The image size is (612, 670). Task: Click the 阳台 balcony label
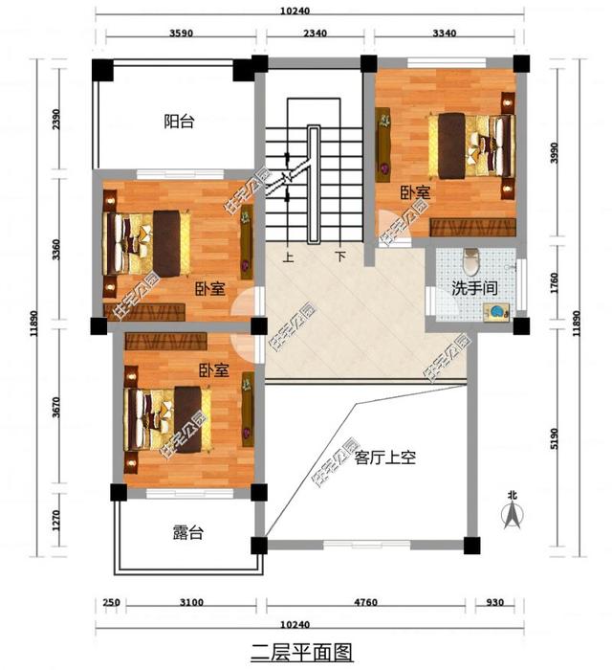point(178,122)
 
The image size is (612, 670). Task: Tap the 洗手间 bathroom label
point(472,288)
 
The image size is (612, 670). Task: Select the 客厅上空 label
point(384,458)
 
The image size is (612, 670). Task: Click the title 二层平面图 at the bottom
point(301,653)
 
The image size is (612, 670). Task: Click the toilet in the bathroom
point(468,260)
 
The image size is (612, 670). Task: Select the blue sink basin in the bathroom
point(497,311)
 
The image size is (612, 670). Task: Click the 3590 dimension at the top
point(182,33)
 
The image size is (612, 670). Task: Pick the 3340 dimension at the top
point(445,33)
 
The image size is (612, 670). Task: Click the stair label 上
point(287,257)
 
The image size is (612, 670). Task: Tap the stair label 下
point(340,257)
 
